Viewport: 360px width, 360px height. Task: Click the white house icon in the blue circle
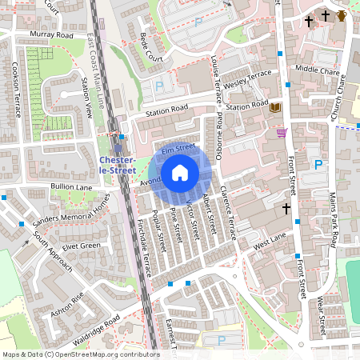click(180, 173)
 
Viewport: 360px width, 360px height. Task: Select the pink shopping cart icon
click(282, 132)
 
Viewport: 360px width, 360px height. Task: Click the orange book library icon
click(275, 107)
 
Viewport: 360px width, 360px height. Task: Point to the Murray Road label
click(53, 35)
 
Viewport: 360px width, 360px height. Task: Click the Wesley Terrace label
click(249, 80)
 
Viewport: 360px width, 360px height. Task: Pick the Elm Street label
click(178, 148)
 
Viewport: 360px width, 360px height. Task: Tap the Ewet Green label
click(81, 246)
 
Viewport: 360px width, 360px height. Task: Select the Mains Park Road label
click(337, 214)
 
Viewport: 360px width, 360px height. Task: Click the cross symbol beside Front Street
click(286, 209)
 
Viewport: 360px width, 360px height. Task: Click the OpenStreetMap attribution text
click(80, 354)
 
